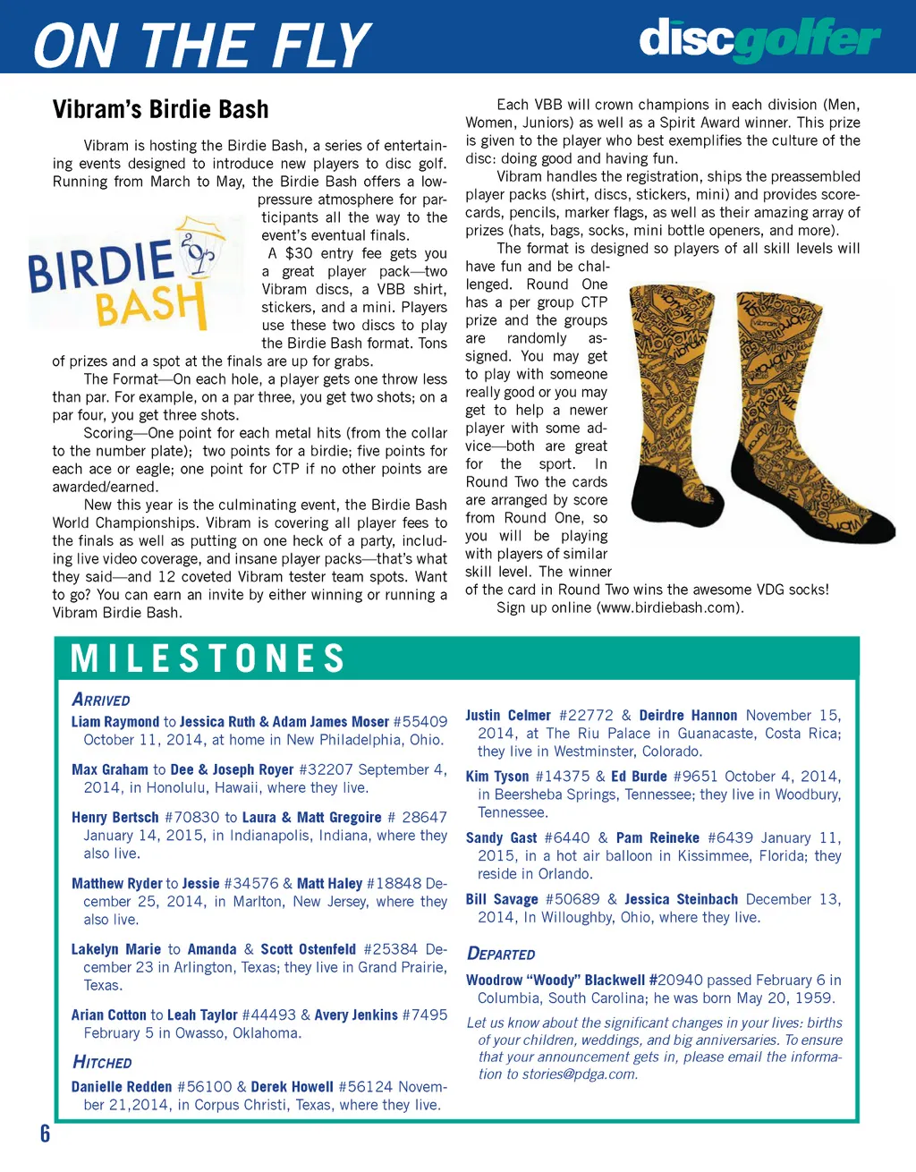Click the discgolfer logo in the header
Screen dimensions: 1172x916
(x=759, y=39)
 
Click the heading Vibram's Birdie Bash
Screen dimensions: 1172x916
(x=160, y=109)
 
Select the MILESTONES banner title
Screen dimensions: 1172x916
(x=208, y=658)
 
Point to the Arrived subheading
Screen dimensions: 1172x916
(x=101, y=700)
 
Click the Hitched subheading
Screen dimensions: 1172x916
(x=102, y=1062)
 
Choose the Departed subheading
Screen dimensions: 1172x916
(x=501, y=954)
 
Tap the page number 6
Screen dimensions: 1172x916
(x=45, y=1134)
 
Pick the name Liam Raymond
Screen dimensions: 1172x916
(x=114, y=721)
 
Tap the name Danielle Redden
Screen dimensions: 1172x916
(x=122, y=1086)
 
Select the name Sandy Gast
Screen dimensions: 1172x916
(x=501, y=837)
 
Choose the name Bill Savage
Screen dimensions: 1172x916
(x=502, y=899)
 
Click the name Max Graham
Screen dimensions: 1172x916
(x=110, y=769)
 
